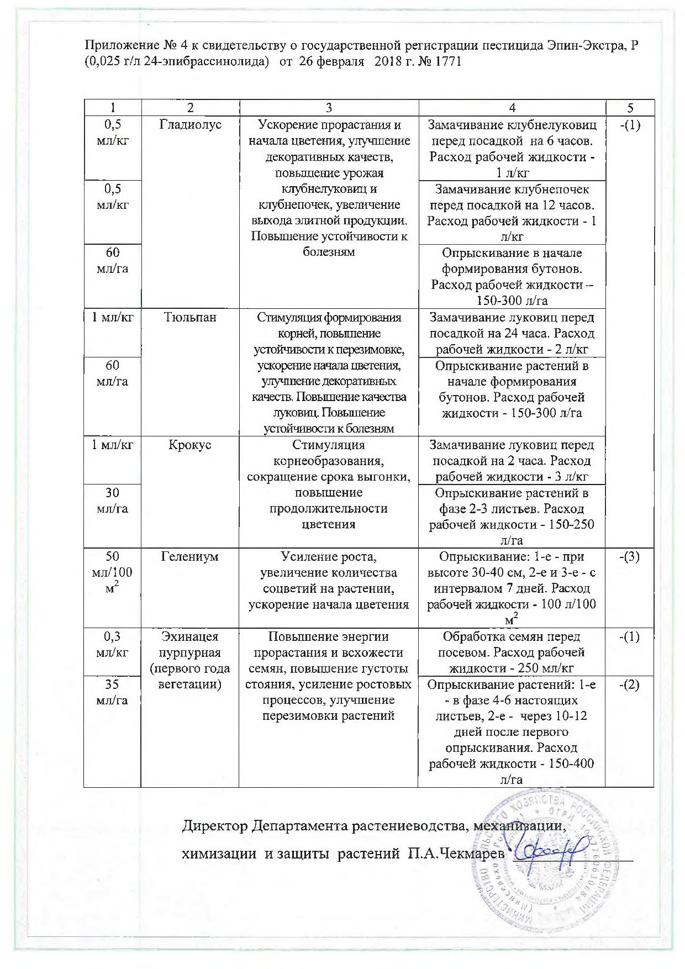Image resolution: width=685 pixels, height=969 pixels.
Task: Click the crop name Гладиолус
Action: tap(190, 125)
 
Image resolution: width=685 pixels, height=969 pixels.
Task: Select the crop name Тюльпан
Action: tap(190, 318)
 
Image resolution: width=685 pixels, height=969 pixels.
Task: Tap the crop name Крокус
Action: tap(190, 445)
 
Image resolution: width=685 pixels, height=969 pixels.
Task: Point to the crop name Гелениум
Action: tap(190, 556)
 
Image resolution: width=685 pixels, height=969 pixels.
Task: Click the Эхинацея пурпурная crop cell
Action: tap(190, 661)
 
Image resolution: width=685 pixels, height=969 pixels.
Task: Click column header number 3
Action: tap(329, 108)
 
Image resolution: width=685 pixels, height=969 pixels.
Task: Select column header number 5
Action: tap(630, 108)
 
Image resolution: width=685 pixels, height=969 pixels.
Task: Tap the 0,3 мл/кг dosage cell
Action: tap(112, 644)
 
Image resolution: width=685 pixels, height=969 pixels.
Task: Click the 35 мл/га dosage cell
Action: tap(112, 692)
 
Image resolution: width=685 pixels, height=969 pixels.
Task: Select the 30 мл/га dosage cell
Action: tap(112, 501)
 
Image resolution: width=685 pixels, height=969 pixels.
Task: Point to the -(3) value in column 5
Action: tap(630, 556)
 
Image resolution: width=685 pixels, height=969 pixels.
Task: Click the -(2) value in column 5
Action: tap(630, 684)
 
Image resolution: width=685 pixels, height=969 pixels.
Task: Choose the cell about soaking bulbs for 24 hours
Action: tap(512, 334)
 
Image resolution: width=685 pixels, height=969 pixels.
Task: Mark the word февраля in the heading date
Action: tap(342, 61)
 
